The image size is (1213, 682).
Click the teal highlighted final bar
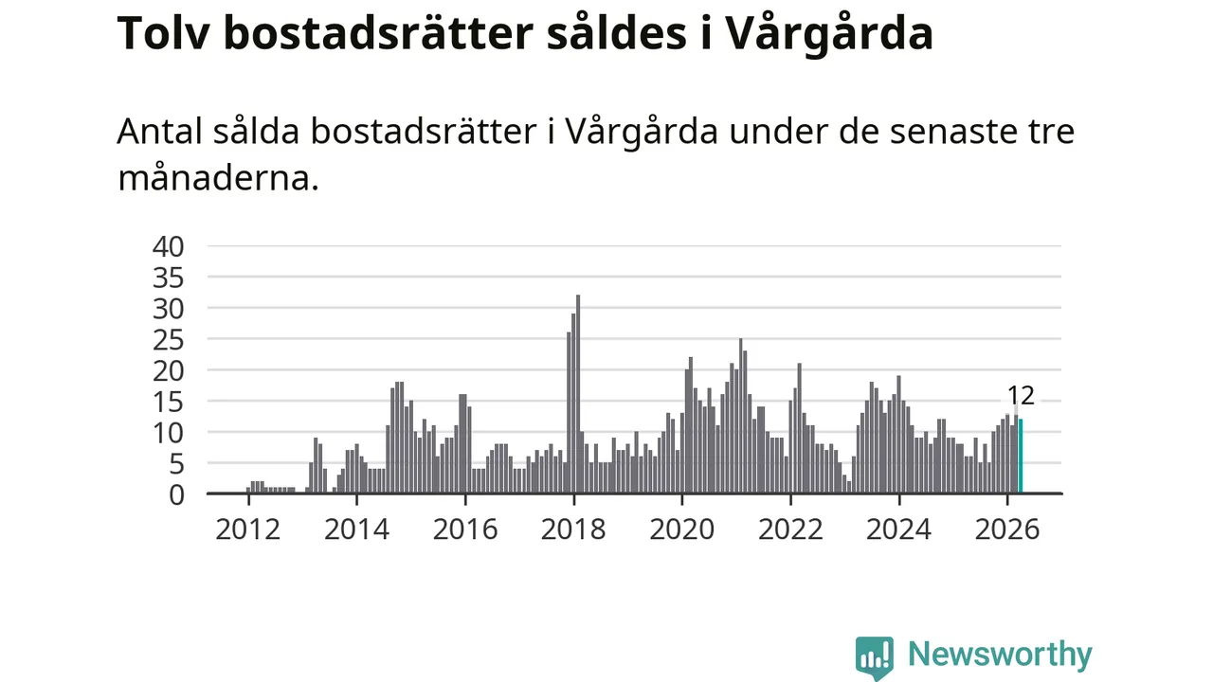1021,456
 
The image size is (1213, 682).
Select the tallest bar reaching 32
578,394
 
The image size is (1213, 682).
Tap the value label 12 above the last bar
1021,396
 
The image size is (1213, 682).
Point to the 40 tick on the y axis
169,247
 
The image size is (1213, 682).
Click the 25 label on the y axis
169,340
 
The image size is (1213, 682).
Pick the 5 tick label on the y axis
176,464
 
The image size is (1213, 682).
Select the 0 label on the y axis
176,495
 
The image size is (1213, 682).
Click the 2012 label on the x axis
248,529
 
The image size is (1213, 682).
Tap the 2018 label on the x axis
573,529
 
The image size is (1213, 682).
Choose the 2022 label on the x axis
790,529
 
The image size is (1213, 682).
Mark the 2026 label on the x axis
1007,529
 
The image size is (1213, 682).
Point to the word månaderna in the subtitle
218,177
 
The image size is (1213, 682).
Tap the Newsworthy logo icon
874,657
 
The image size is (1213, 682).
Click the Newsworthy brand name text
1000,655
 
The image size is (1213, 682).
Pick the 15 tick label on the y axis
169,403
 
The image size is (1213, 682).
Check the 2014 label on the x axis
356,529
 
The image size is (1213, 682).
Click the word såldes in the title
617,33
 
